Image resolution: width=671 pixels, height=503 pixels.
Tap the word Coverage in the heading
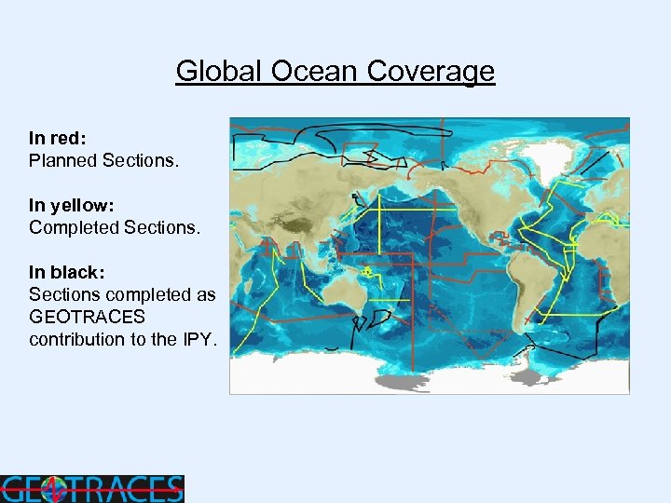pos(431,72)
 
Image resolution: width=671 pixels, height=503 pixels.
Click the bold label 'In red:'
pos(59,137)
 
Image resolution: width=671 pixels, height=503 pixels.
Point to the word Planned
pos(63,160)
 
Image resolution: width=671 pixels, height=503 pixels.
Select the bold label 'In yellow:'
pos(70,205)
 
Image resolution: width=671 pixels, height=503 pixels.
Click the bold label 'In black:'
pos(66,272)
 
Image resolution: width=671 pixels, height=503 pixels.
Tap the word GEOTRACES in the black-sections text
pos(87,317)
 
